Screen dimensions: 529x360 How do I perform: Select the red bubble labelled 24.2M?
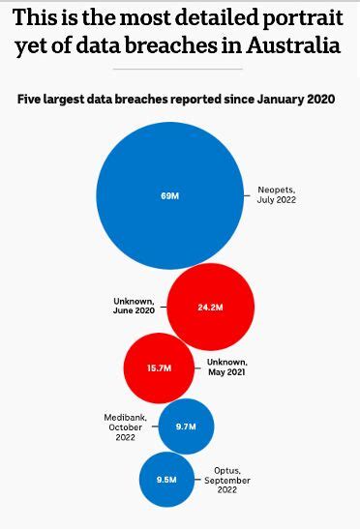[x=210, y=307]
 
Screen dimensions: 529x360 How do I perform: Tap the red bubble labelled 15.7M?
[x=159, y=368]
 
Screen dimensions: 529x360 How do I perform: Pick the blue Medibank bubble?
[x=186, y=426]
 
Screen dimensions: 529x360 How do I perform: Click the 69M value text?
[x=170, y=196]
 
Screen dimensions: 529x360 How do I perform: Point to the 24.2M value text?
[x=210, y=307]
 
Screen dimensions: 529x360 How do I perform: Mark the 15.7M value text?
[x=159, y=368]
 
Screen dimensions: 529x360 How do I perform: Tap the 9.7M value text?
[x=186, y=426]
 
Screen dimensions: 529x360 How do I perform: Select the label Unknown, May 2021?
[x=229, y=367]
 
